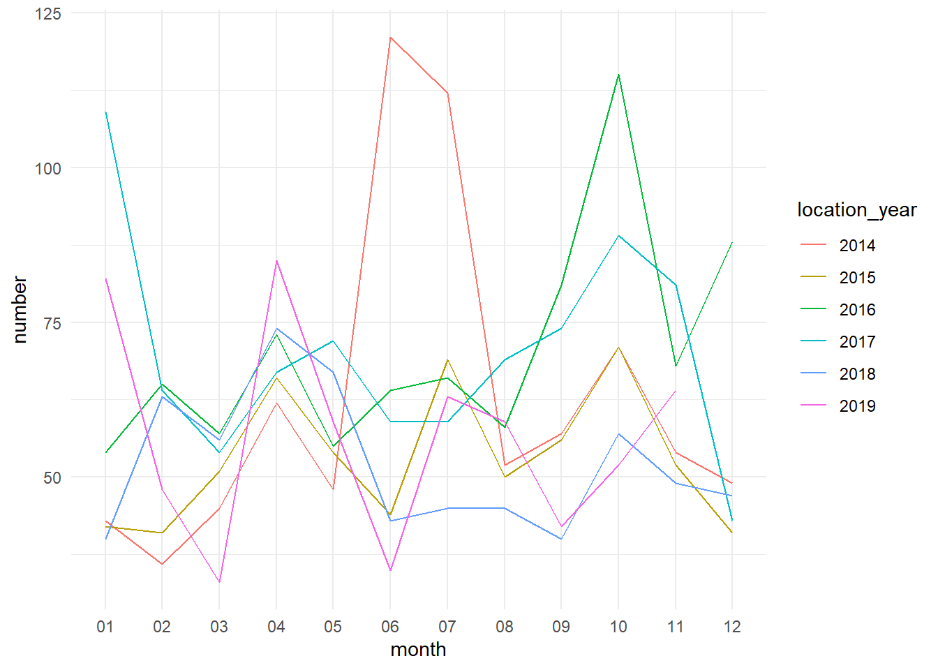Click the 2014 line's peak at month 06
tap(390, 38)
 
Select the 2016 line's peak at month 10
tap(618, 75)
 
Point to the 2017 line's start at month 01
tap(105, 112)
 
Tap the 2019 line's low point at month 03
tap(219, 582)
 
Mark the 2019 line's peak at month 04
tap(276, 260)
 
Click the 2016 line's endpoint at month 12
tap(732, 242)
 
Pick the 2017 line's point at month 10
tap(618, 236)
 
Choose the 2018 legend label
tap(857, 374)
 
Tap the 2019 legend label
tap(857, 406)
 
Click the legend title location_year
tap(856, 210)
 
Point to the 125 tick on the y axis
tap(48, 14)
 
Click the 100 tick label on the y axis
tap(48, 168)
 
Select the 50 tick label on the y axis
tap(52, 478)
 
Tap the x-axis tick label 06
tap(390, 627)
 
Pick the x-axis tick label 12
tap(732, 627)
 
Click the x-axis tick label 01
tap(105, 627)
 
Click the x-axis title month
tap(418, 650)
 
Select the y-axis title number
tap(20, 310)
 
